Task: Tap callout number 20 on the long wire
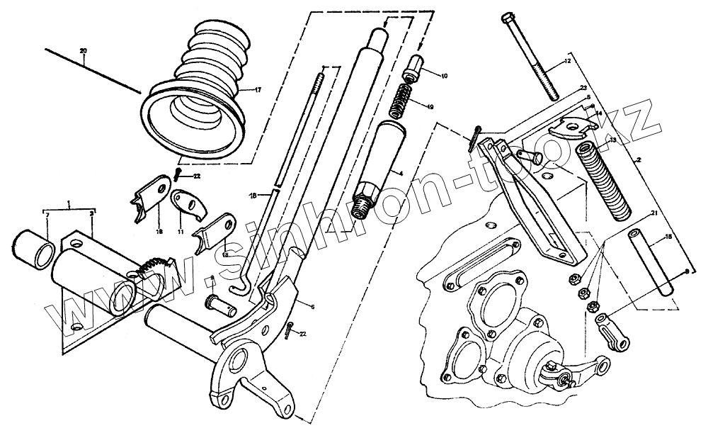click(x=84, y=52)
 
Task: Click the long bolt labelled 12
click(x=535, y=57)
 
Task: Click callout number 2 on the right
click(x=639, y=161)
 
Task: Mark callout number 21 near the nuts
click(x=654, y=212)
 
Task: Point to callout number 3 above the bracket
click(x=93, y=212)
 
